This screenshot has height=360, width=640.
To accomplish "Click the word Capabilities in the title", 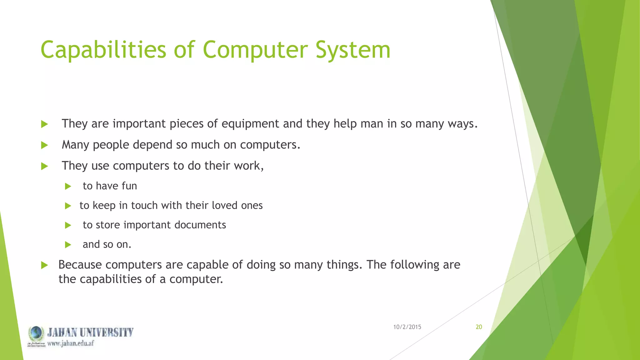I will tap(103, 50).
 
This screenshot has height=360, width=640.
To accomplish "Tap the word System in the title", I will tap(353, 50).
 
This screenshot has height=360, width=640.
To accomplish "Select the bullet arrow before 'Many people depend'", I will tap(44, 145).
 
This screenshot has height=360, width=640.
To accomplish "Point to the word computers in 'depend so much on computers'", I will tap(270, 145).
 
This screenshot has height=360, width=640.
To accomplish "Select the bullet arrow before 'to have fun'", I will tap(68, 187).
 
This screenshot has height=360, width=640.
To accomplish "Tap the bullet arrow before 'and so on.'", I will tap(68, 245).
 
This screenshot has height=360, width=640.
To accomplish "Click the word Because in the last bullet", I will tap(80, 265).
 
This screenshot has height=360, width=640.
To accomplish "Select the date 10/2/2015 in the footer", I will tap(407, 327).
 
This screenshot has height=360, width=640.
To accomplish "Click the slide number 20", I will tap(479, 327).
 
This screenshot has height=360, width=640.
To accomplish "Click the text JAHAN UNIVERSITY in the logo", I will tap(90, 332).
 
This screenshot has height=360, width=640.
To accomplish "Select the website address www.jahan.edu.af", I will tap(70, 343).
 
